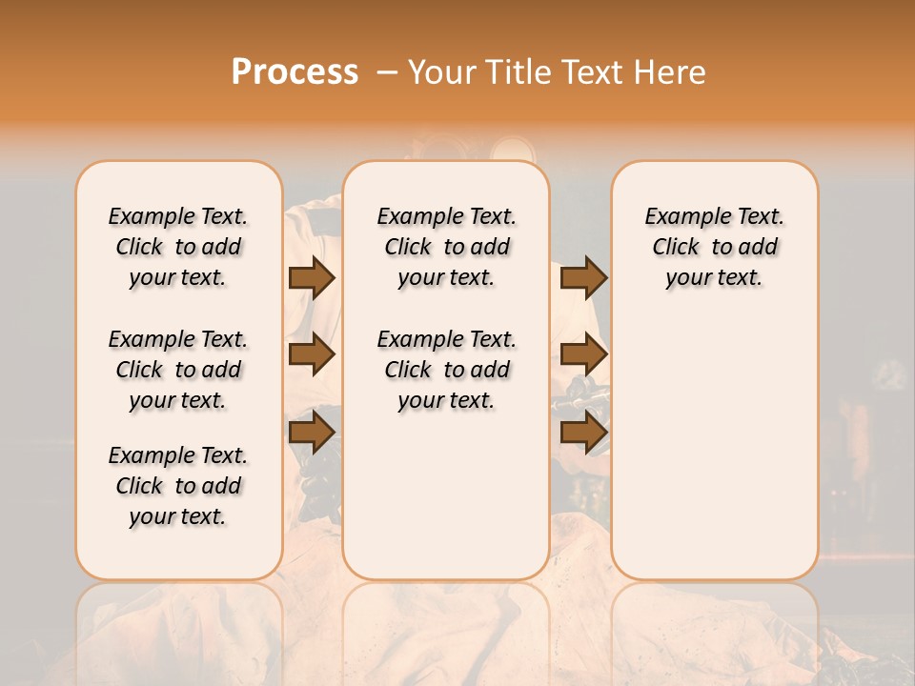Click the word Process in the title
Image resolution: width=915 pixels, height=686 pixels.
click(295, 72)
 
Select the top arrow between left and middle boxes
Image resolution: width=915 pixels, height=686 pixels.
click(311, 277)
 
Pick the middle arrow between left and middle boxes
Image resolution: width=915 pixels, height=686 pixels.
click(311, 354)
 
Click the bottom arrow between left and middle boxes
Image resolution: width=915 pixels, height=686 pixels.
click(311, 434)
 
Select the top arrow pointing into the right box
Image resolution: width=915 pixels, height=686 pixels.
click(583, 277)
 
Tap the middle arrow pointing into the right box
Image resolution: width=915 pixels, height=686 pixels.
click(583, 354)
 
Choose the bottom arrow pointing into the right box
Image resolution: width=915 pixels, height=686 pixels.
click(583, 434)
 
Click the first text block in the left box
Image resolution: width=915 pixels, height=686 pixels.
click(178, 247)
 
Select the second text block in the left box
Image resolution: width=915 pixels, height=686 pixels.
click(178, 370)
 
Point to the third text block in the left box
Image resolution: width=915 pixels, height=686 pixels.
click(178, 486)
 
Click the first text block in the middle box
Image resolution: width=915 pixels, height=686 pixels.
click(446, 247)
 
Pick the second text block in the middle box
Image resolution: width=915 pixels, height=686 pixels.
click(446, 370)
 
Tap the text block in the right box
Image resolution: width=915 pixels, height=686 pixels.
click(714, 247)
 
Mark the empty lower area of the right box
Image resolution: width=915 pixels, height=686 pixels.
click(714, 448)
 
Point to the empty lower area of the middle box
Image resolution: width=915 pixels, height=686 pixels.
click(446, 495)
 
